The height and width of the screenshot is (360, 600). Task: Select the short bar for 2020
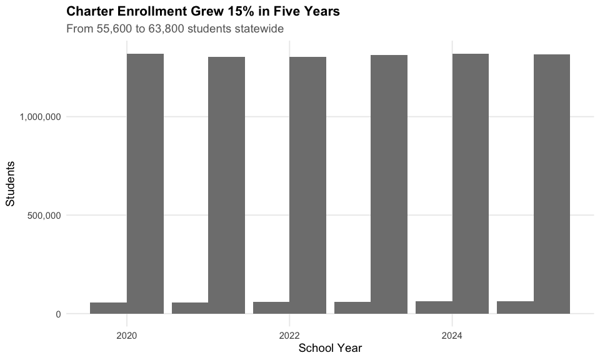[109, 308]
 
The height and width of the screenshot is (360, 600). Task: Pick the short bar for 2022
[271, 307]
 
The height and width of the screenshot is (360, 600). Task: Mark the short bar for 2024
[434, 307]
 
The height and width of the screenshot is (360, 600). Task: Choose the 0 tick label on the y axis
[58, 314]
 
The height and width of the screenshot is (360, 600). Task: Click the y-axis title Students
[10, 183]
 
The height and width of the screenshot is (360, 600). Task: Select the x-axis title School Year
[330, 348]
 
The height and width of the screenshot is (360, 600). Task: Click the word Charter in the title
[89, 11]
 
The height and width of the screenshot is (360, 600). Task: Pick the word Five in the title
[287, 11]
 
